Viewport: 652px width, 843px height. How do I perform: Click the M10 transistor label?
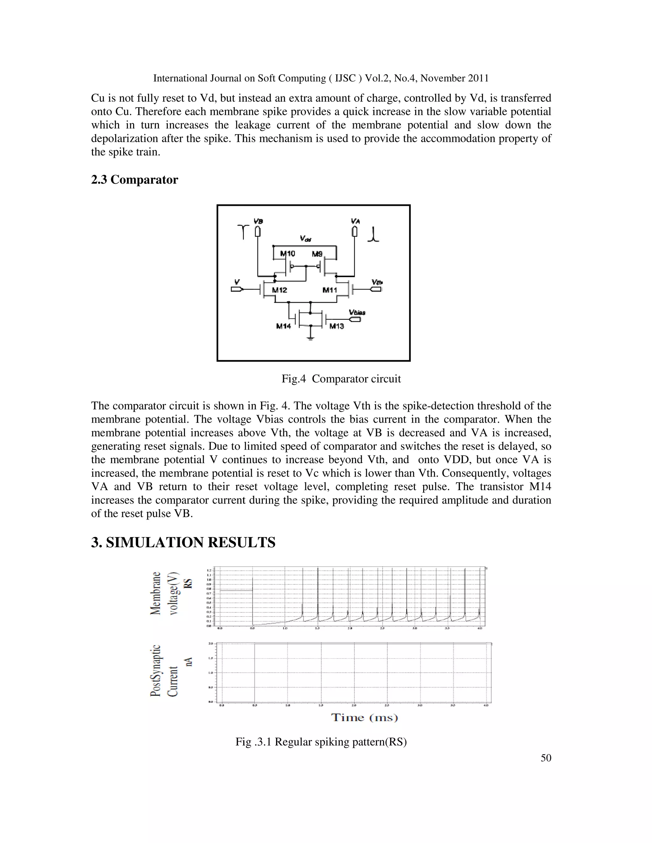[287, 254]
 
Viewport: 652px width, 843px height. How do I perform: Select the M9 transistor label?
[317, 254]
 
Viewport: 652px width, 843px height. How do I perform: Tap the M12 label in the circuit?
[279, 290]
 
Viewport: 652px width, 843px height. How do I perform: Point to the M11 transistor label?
[330, 290]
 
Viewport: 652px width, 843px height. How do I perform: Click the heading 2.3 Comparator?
[134, 180]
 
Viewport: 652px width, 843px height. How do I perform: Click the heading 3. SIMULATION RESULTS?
[183, 543]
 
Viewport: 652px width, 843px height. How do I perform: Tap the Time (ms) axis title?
[364, 718]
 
